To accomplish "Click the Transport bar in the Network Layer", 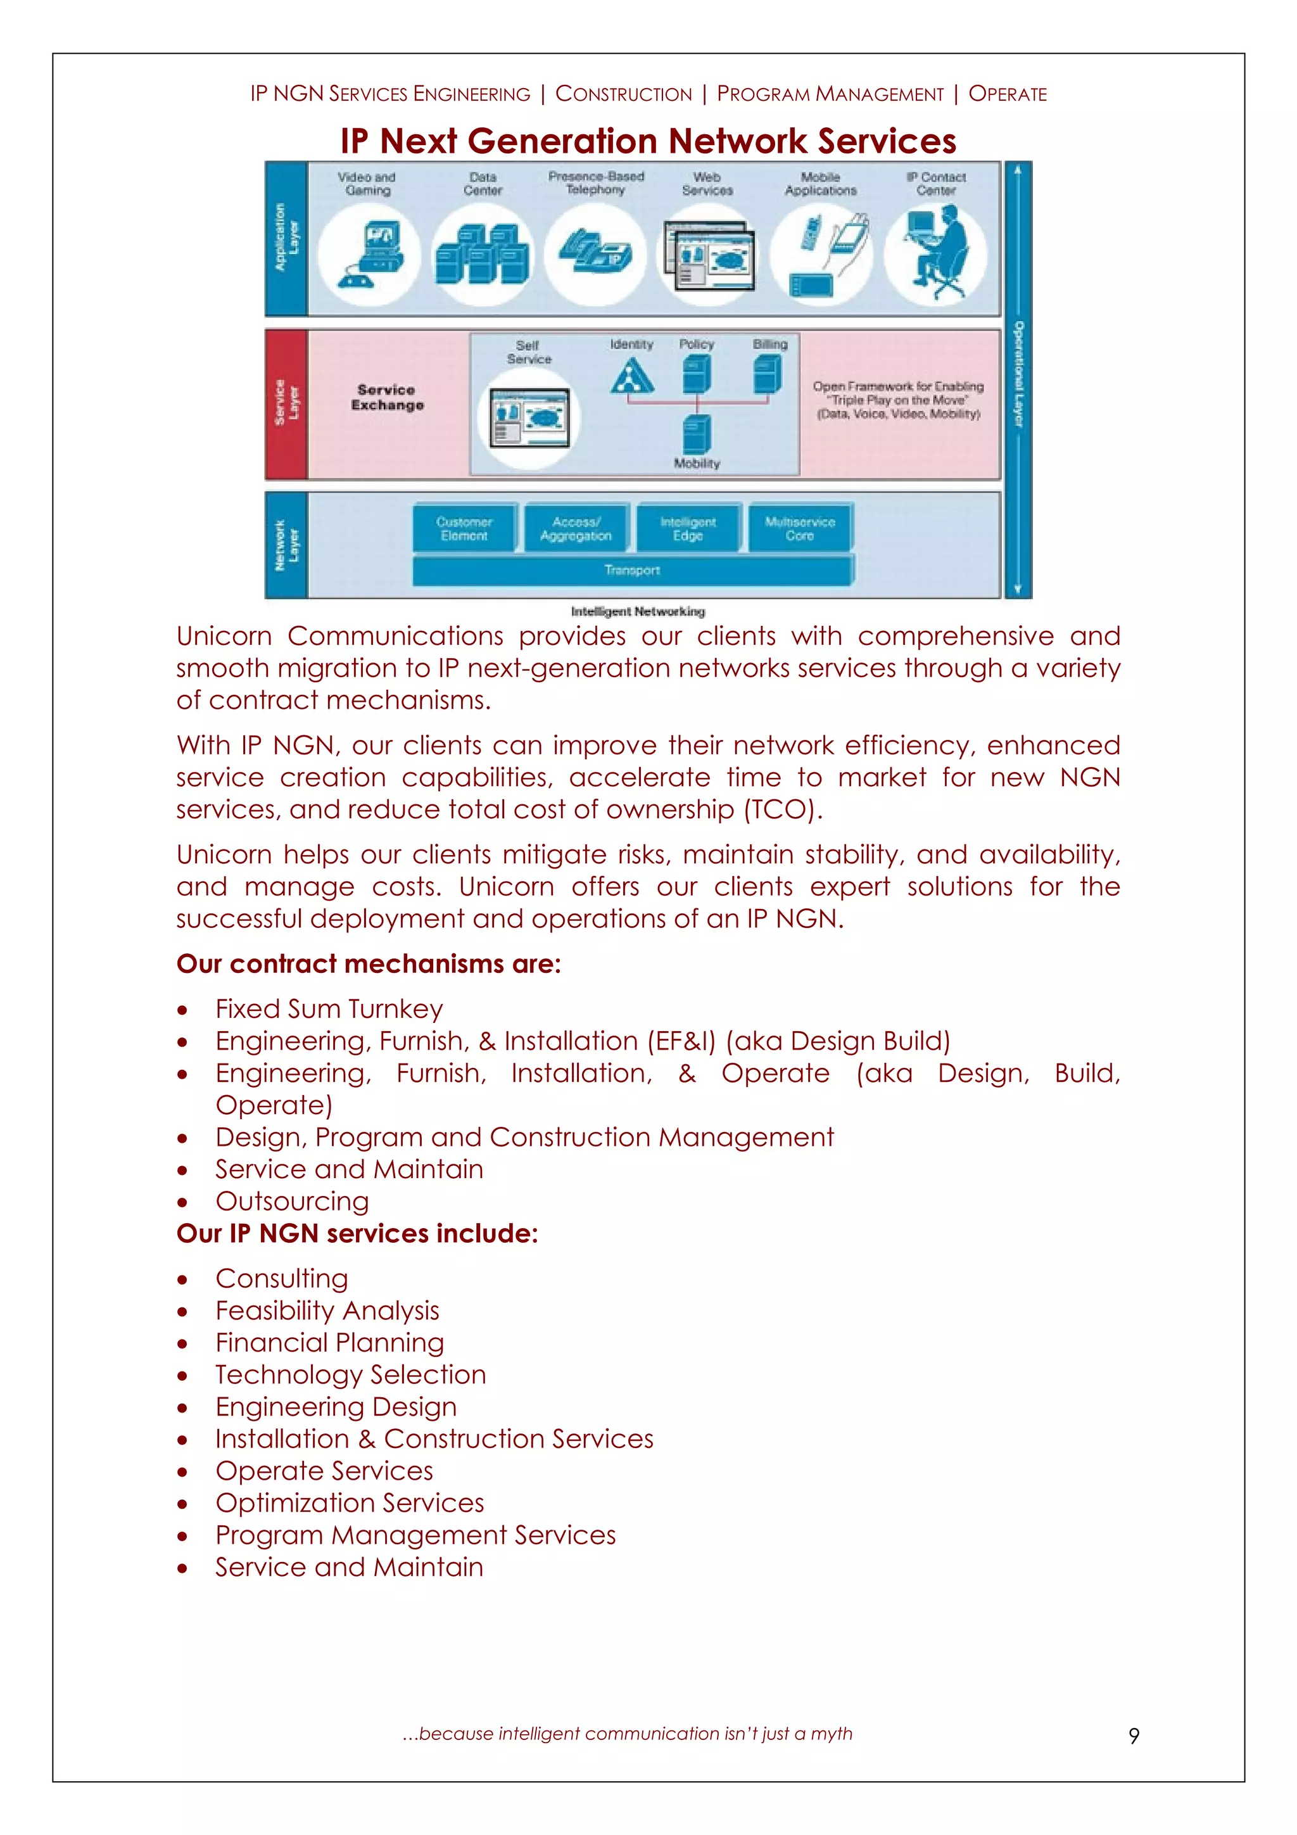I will click(x=632, y=571).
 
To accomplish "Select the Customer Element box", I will click(x=464, y=528).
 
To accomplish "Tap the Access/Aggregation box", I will click(x=576, y=528).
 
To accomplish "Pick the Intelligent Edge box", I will click(x=688, y=528).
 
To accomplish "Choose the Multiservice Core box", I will click(x=800, y=528).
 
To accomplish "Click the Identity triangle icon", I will click(x=631, y=376).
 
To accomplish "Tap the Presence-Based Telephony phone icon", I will click(x=595, y=253).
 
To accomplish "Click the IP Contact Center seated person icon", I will click(x=937, y=253).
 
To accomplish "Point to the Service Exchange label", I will click(x=388, y=397).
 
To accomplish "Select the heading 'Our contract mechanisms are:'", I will click(x=369, y=964).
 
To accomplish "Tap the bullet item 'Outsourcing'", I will click(x=292, y=1201).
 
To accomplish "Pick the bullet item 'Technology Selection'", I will click(x=350, y=1375).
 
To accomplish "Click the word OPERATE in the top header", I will click(x=1007, y=94).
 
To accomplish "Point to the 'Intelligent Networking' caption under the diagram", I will click(x=638, y=611).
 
